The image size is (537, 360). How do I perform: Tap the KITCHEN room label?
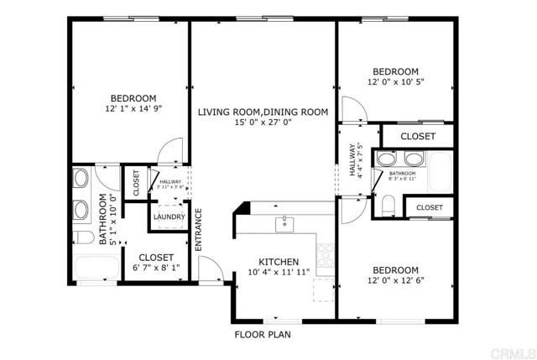(x=279, y=260)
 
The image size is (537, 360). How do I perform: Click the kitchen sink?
(x=285, y=223)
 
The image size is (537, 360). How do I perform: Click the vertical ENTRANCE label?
(x=199, y=229)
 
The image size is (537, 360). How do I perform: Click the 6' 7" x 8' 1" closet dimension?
(x=157, y=269)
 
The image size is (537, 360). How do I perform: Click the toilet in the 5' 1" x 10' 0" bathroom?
(x=83, y=236)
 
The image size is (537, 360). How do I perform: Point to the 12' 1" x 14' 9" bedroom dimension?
(x=133, y=108)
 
